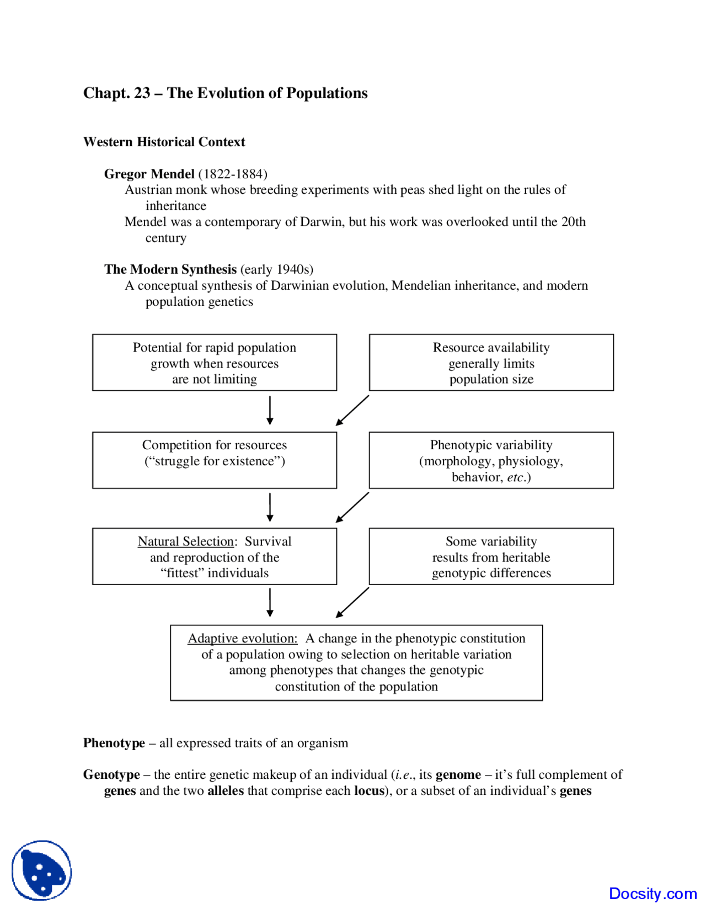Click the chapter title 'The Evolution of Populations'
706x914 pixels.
(267, 93)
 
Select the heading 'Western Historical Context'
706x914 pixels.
(164, 142)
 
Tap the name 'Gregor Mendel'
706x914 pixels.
(149, 174)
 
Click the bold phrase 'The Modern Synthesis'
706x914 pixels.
(170, 269)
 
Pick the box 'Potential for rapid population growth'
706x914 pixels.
(214, 363)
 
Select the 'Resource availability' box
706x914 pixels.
(491, 363)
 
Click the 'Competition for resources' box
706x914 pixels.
(214, 460)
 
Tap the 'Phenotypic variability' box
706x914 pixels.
(491, 460)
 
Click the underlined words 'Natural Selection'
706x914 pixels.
(185, 541)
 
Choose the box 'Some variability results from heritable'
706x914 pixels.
(491, 556)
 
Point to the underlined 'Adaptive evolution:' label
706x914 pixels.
(242, 639)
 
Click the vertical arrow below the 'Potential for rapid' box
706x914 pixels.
(270, 410)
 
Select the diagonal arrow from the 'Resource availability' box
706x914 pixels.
(352, 410)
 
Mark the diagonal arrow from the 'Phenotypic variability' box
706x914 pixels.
(352, 507)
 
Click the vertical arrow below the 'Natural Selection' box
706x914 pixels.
(270, 602)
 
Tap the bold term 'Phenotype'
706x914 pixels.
(114, 743)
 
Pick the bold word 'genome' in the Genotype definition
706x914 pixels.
(458, 775)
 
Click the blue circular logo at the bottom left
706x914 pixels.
(42, 870)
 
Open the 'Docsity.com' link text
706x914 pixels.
(652, 894)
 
